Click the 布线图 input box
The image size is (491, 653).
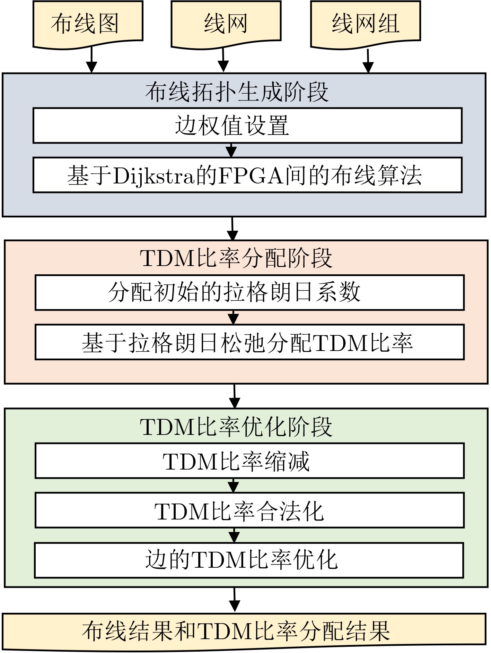[88, 24]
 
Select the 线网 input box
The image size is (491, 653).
[226, 24]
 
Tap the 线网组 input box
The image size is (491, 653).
[366, 24]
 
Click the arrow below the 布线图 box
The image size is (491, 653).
[91, 60]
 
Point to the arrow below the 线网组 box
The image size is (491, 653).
[368, 61]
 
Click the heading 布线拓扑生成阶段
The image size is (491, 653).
[237, 92]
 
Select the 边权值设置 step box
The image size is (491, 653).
[247, 126]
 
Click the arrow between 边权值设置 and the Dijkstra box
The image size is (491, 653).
[231, 150]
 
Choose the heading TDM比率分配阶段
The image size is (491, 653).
[236, 258]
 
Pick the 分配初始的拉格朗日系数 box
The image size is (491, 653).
[249, 293]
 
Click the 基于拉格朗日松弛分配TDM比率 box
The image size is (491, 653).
[249, 342]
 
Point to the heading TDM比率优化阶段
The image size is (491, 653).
[236, 427]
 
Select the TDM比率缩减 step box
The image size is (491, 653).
[249, 461]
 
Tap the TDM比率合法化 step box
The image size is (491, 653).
[249, 510]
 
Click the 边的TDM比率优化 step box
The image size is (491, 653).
[249, 560]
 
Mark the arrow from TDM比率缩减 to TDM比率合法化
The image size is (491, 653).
[234, 486]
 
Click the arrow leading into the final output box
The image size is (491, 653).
[235, 600]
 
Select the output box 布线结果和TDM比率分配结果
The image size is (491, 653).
[244, 631]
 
